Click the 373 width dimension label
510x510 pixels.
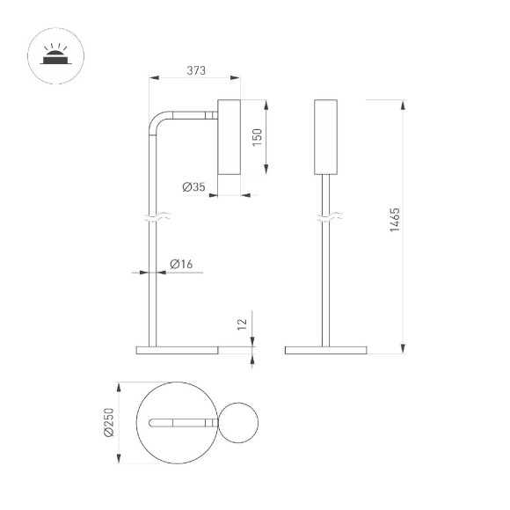(x=196, y=71)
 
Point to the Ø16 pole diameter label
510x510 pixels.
(x=181, y=264)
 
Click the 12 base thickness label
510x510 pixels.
(x=242, y=324)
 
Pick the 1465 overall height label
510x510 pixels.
(x=396, y=220)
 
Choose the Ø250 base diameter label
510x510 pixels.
(x=109, y=422)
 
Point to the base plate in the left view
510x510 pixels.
(x=177, y=351)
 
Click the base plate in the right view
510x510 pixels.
(x=326, y=351)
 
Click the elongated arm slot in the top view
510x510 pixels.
(x=180, y=423)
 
